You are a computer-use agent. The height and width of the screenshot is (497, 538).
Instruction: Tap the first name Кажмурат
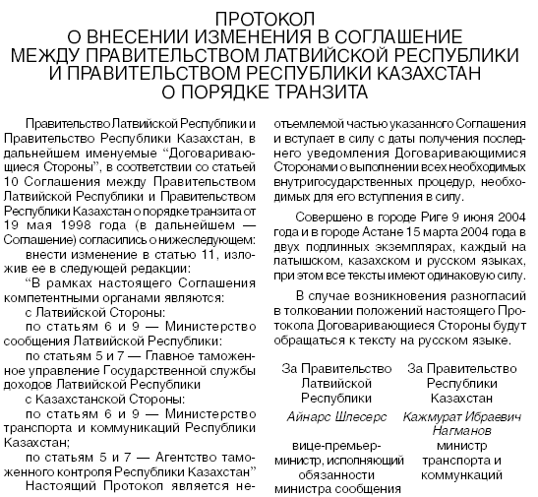tap(425, 417)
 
